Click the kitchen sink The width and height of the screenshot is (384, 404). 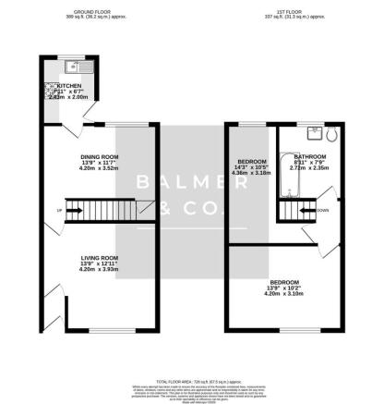click(71, 67)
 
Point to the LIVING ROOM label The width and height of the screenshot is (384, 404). click(98, 257)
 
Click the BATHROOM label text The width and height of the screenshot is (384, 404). click(304, 157)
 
